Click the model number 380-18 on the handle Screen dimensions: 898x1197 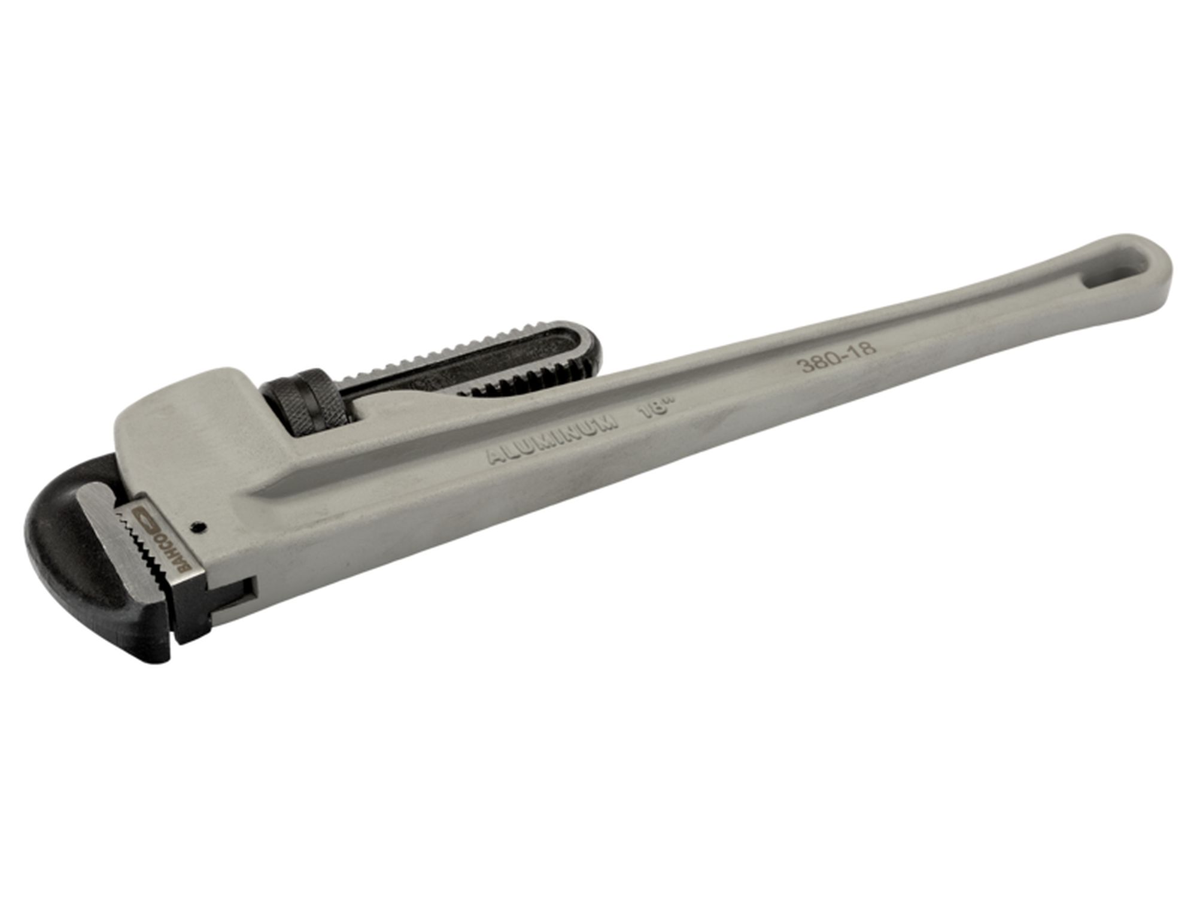(838, 357)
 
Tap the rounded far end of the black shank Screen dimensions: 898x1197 (590, 347)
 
